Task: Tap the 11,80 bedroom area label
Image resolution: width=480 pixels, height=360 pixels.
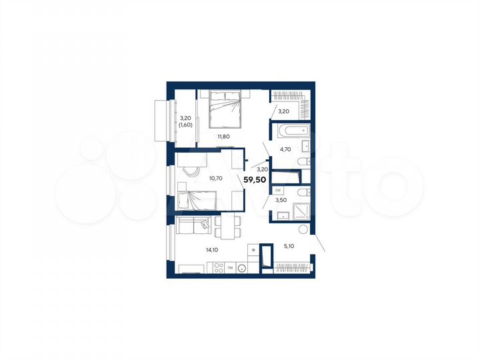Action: pos(224,137)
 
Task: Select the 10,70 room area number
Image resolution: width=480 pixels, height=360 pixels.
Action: pos(215,178)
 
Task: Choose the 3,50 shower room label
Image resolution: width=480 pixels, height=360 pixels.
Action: pos(281,199)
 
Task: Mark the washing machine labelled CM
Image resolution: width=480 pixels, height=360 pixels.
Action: pos(279,190)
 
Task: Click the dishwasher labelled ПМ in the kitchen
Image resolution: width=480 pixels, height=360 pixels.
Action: pos(229,268)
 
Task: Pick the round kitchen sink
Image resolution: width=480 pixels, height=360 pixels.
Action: pos(243,269)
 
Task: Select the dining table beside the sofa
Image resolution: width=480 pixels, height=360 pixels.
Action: pos(227,227)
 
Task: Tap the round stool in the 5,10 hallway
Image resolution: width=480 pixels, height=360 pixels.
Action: pos(303,230)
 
